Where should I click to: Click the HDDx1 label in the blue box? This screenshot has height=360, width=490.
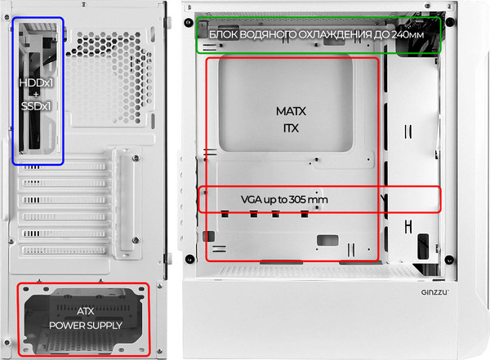tap(36, 82)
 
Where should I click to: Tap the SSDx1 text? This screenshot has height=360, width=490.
tap(36, 106)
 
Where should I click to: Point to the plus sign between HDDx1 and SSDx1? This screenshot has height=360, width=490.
tap(36, 95)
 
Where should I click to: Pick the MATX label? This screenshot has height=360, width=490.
tap(291, 110)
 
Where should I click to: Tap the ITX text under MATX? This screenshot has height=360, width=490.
tap(291, 128)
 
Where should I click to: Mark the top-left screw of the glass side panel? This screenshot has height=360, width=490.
tap(189, 20)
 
